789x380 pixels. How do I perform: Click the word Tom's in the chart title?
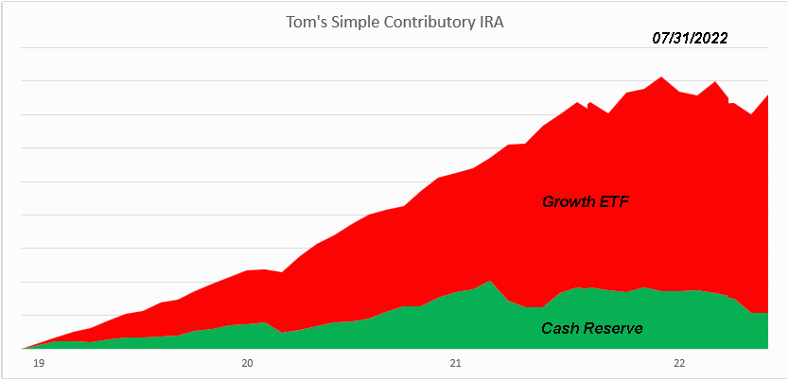[304, 22]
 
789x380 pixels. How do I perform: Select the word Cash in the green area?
[560, 329]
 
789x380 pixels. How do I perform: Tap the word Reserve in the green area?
[614, 329]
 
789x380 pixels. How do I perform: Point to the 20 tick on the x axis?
[247, 362]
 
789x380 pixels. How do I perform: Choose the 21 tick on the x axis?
[455, 362]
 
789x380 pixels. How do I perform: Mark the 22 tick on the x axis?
[678, 362]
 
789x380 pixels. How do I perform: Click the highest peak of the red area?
[661, 77]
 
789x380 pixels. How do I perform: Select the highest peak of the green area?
[489, 281]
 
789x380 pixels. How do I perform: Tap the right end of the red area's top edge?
[767, 95]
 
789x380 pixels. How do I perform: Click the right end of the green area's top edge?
[767, 313]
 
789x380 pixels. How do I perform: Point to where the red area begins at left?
[25, 347]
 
